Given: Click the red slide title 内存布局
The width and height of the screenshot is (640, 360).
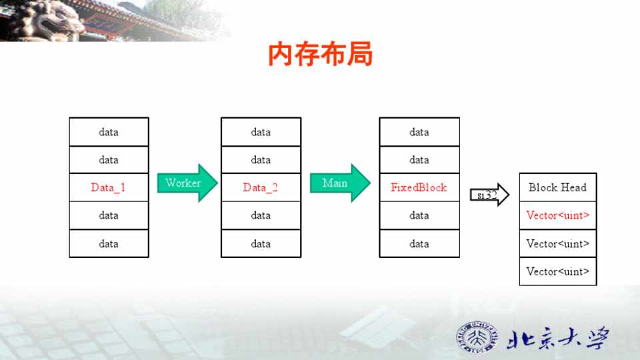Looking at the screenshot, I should pos(320,55).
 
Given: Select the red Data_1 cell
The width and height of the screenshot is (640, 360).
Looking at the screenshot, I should pos(109,187).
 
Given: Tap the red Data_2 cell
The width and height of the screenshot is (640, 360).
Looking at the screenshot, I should pos(261,187).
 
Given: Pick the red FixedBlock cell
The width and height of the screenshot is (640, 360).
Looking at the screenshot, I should pos(419,187).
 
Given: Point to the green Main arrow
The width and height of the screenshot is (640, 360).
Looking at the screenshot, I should pos(339,183).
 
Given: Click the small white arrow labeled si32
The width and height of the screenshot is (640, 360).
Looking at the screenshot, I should pos(489,195).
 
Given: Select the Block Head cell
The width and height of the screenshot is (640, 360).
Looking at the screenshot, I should pos(557,187).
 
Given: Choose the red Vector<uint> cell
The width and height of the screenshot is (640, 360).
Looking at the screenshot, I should pos(557,215).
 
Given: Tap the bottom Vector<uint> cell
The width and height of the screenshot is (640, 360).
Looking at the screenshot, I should pos(557,271).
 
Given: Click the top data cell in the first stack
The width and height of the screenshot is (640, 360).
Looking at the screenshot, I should pos(109,132).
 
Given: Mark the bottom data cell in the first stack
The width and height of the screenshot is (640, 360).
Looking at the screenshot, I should pos(109,243).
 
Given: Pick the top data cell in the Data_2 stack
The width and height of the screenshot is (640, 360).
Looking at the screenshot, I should pos(261,132).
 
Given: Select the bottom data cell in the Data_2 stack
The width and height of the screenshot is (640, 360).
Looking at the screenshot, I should pos(261,243).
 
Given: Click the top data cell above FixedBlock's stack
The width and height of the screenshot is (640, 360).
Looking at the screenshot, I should pos(419,132).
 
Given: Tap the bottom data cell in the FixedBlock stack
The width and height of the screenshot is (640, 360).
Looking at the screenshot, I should pos(419,243).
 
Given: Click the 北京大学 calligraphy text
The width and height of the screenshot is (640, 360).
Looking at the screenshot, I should pos(557,338).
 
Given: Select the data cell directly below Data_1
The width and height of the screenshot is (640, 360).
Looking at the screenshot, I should pos(109,215).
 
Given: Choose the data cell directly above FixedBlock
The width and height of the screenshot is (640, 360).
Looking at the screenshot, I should pos(419,160).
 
